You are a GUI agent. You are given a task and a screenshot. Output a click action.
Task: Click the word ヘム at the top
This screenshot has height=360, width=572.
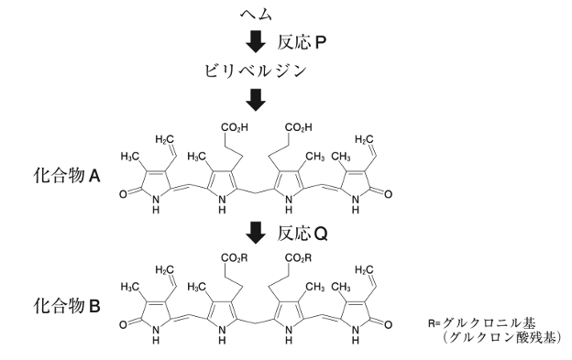pos(256,15)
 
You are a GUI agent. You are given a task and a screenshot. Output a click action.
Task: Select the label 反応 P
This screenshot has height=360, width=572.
pos(302,43)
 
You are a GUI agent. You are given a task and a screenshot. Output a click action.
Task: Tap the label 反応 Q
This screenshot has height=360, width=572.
pos(302,234)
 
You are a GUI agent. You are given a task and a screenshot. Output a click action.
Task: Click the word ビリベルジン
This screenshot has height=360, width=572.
pos(256,71)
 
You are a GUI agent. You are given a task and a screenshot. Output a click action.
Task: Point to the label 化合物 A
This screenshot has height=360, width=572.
pos(67,177)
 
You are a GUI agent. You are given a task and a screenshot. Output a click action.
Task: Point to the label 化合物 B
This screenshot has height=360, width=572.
pos(67,306)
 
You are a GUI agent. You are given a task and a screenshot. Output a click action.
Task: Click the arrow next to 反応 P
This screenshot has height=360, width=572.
pos(256,42)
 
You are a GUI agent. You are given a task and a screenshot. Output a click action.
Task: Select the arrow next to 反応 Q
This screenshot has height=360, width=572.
pos(256,234)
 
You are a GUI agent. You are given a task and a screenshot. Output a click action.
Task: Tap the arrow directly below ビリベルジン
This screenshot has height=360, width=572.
pos(256,100)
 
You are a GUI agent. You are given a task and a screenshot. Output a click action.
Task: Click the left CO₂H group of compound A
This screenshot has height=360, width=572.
pos(235,127)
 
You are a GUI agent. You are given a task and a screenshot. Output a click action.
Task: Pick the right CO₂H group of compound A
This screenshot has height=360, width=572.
pos(299,127)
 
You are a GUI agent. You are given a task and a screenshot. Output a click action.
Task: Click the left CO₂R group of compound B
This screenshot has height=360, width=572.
pos(234,258)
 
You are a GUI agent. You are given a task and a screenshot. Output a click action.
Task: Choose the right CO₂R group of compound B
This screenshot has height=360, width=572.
pos(299,258)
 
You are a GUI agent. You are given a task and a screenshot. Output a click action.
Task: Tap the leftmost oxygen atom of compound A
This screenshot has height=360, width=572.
pos(124,194)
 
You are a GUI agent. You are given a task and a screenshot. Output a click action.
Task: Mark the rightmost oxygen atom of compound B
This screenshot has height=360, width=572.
pos(388,324)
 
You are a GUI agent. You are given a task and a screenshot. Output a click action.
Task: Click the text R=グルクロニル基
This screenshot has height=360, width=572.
pos(482,322)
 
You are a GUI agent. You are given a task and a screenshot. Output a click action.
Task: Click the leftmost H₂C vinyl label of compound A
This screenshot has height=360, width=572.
pos(164,139)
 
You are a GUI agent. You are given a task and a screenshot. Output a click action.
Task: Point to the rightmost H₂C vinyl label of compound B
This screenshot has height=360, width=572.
pos(365,270)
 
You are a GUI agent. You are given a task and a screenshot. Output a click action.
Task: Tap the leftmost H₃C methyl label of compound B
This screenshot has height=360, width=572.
pos(130,287)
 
